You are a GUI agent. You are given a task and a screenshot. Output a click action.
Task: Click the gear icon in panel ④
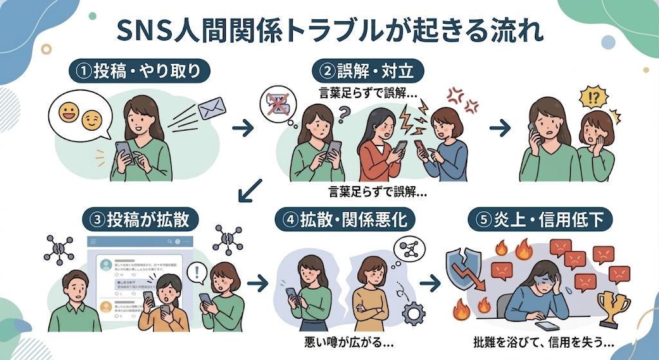click(x=413, y=313)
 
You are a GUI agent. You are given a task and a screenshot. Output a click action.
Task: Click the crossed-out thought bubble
click(x=276, y=106)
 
